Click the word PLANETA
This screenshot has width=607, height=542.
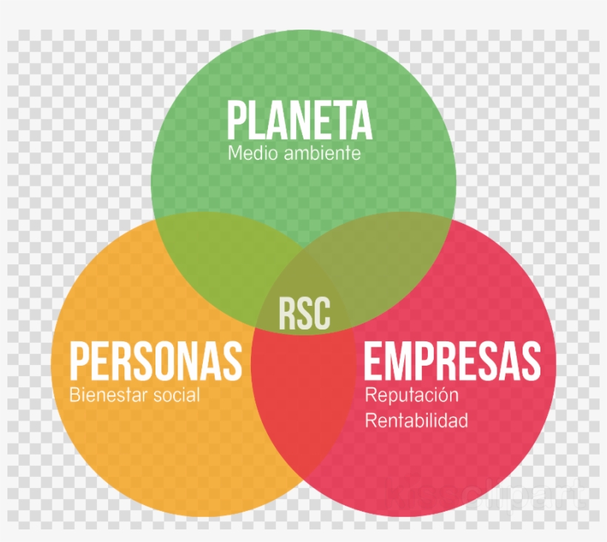pyautogui.click(x=300, y=120)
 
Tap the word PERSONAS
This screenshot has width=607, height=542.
pyautogui.click(x=155, y=361)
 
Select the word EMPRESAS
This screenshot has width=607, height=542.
pyautogui.click(x=452, y=361)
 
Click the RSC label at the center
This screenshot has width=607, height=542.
pyautogui.click(x=305, y=314)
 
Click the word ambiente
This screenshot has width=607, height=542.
pyautogui.click(x=322, y=153)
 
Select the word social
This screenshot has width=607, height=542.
pyautogui.click(x=176, y=395)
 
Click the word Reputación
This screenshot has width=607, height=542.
pyautogui.click(x=412, y=395)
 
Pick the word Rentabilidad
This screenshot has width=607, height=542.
pyautogui.click(x=417, y=421)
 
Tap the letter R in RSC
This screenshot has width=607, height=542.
pyautogui.click(x=288, y=314)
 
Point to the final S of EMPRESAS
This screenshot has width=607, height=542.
pyautogui.click(x=531, y=361)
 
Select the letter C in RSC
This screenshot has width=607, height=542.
pyautogui.click(x=323, y=314)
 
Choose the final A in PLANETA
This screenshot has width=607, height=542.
pyautogui.click(x=362, y=120)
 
